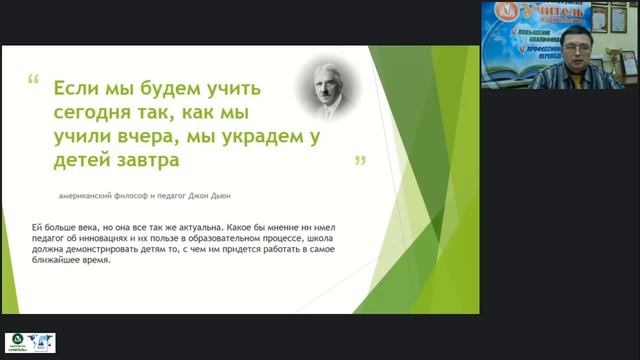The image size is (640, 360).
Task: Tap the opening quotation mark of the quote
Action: click(34, 79)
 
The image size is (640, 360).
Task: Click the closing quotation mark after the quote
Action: click(360, 160)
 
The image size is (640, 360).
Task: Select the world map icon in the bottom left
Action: click(44, 343)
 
